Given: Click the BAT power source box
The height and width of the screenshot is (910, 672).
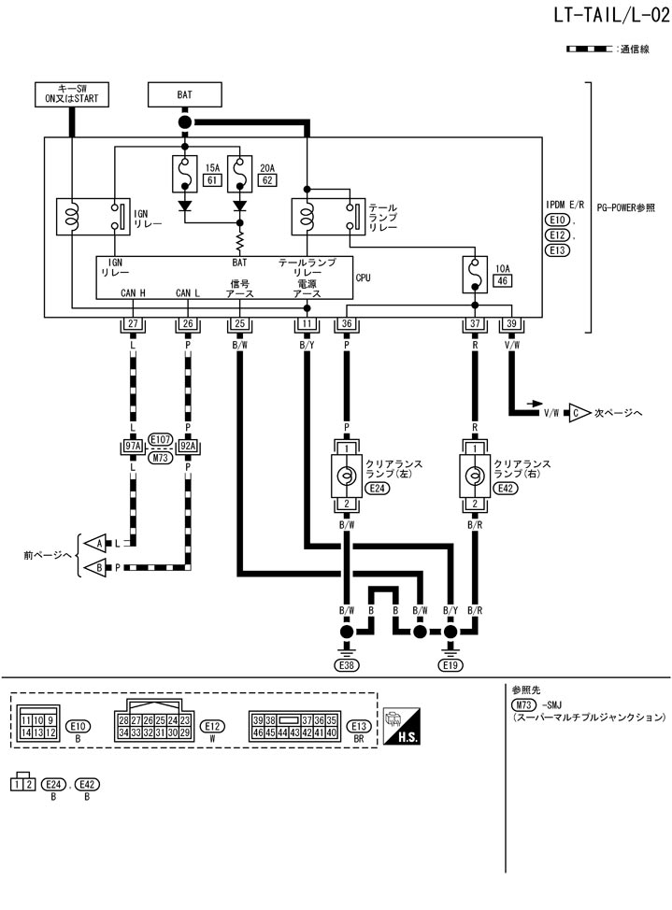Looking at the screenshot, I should pyautogui.click(x=184, y=94).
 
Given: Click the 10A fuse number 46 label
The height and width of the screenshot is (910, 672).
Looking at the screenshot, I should pyautogui.click(x=502, y=279).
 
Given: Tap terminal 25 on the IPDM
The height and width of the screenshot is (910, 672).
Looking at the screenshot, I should pyautogui.click(x=240, y=324).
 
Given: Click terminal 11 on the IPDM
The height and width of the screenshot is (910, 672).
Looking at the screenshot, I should pyautogui.click(x=306, y=324).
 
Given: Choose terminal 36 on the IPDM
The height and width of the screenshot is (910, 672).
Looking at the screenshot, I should pyautogui.click(x=347, y=324).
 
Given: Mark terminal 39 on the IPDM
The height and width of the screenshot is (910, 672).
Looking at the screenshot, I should pyautogui.click(x=510, y=324).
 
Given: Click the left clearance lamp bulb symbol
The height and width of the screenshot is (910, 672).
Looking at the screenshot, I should pyautogui.click(x=347, y=476).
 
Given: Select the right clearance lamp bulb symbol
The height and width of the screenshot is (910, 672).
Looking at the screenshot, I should pyautogui.click(x=474, y=476).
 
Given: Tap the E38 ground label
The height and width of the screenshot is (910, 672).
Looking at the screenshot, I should pyautogui.click(x=347, y=665).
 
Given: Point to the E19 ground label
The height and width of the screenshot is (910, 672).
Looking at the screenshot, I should pyautogui.click(x=451, y=665).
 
